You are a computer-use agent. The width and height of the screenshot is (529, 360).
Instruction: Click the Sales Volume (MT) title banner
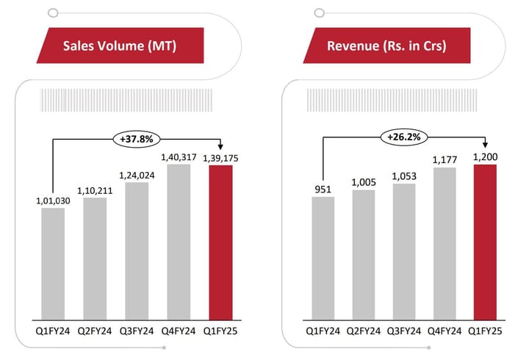pos(120,46)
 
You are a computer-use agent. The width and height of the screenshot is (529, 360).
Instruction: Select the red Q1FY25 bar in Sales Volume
pos(220,242)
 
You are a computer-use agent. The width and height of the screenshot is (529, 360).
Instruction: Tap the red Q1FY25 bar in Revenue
pos(486,242)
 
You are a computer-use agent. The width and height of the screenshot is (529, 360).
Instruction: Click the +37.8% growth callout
pos(136,137)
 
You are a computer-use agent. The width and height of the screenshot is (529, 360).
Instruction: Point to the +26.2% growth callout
pos(401,136)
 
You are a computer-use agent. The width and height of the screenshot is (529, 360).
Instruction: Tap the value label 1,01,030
pos(53,200)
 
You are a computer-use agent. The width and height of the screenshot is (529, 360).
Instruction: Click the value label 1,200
pos(486,156)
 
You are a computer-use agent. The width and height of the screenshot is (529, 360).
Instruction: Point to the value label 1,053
pos(403,175)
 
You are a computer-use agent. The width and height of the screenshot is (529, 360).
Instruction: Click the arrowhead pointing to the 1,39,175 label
pos(220,148)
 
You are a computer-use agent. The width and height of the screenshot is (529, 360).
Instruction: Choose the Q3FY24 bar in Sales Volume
pos(137,250)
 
